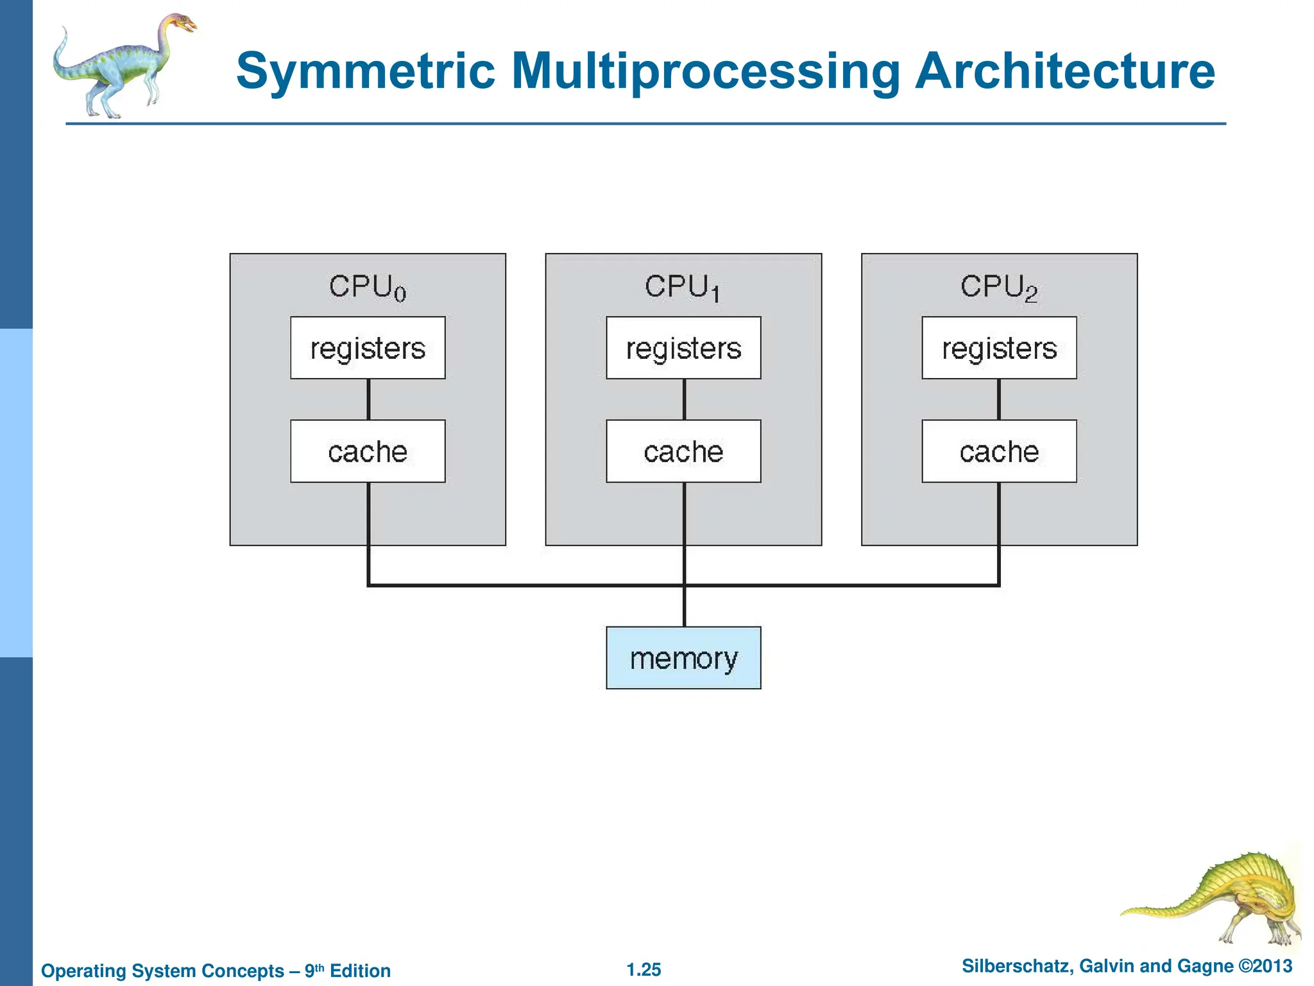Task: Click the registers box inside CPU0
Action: pyautogui.click(x=368, y=348)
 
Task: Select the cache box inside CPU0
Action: pyautogui.click(x=368, y=451)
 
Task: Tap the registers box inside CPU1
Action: pyautogui.click(x=683, y=348)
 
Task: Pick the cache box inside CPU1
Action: pyautogui.click(x=683, y=451)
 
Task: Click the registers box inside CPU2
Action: pyautogui.click(x=999, y=348)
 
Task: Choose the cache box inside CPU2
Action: pyautogui.click(x=999, y=451)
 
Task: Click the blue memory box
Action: pyautogui.click(x=683, y=658)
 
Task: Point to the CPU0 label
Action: pyautogui.click(x=368, y=287)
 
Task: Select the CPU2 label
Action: pyautogui.click(x=998, y=287)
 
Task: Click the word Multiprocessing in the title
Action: pyautogui.click(x=706, y=71)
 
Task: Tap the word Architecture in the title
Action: pyautogui.click(x=1065, y=71)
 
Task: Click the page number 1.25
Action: pyautogui.click(x=644, y=969)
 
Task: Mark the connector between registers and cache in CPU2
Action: pyautogui.click(x=999, y=399)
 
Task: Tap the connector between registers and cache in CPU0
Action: pyautogui.click(x=368, y=399)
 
